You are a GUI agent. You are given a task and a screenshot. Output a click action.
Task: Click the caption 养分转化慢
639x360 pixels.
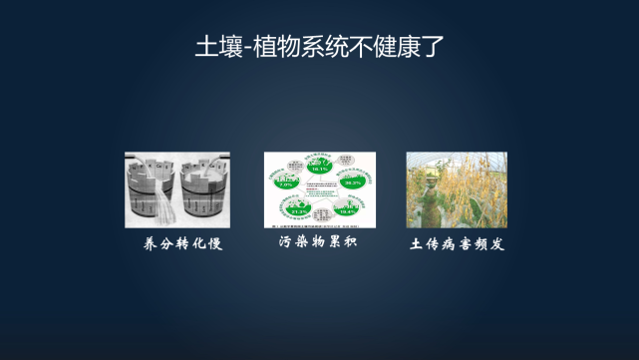click(x=176, y=243)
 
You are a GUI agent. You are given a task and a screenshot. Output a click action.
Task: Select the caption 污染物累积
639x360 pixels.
click(x=318, y=242)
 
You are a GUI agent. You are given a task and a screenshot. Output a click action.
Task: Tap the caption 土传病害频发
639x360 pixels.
click(x=458, y=243)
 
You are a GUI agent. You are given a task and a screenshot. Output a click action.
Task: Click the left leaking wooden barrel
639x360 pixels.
click(x=151, y=192)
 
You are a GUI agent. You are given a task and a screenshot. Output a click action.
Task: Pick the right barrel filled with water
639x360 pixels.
click(x=204, y=192)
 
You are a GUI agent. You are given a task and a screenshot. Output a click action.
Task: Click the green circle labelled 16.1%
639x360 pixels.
click(x=319, y=167)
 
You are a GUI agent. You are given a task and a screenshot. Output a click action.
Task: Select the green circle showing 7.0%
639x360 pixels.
click(x=284, y=182)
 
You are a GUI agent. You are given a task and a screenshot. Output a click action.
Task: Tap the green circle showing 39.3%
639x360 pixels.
click(x=351, y=181)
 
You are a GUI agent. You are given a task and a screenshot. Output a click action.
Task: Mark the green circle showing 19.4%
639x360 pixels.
click(x=347, y=209)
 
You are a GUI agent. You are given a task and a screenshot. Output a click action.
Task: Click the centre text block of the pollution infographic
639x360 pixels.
click(x=319, y=189)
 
